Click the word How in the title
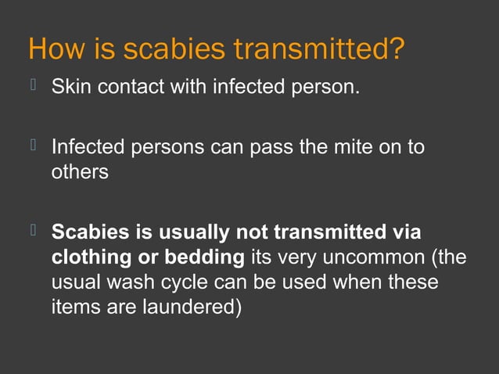(x=52, y=49)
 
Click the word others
(x=80, y=172)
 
